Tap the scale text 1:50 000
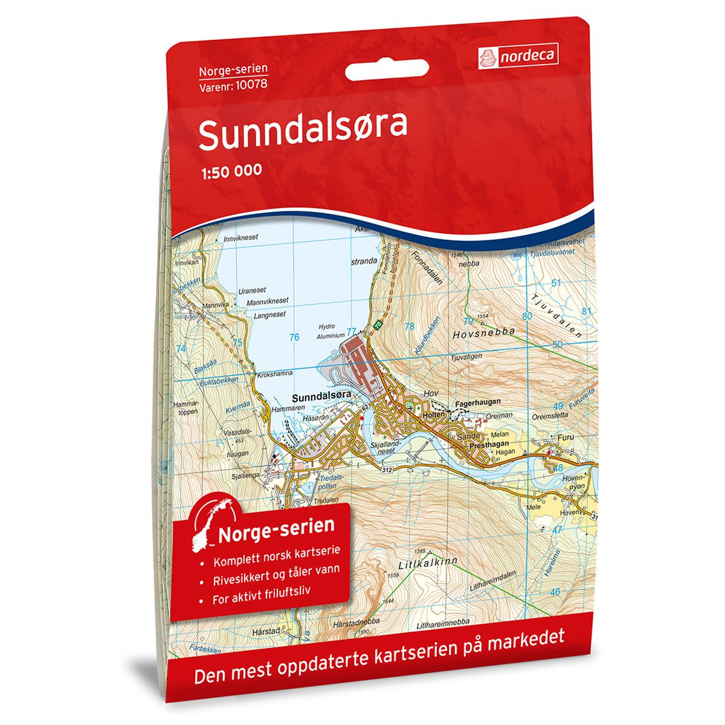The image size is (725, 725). pos(230,170)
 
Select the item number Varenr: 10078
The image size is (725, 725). pos(233,84)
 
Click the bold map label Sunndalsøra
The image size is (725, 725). pos(321,398)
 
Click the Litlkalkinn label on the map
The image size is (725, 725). pos(428,564)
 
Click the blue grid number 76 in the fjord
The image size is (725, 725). pos(294,337)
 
